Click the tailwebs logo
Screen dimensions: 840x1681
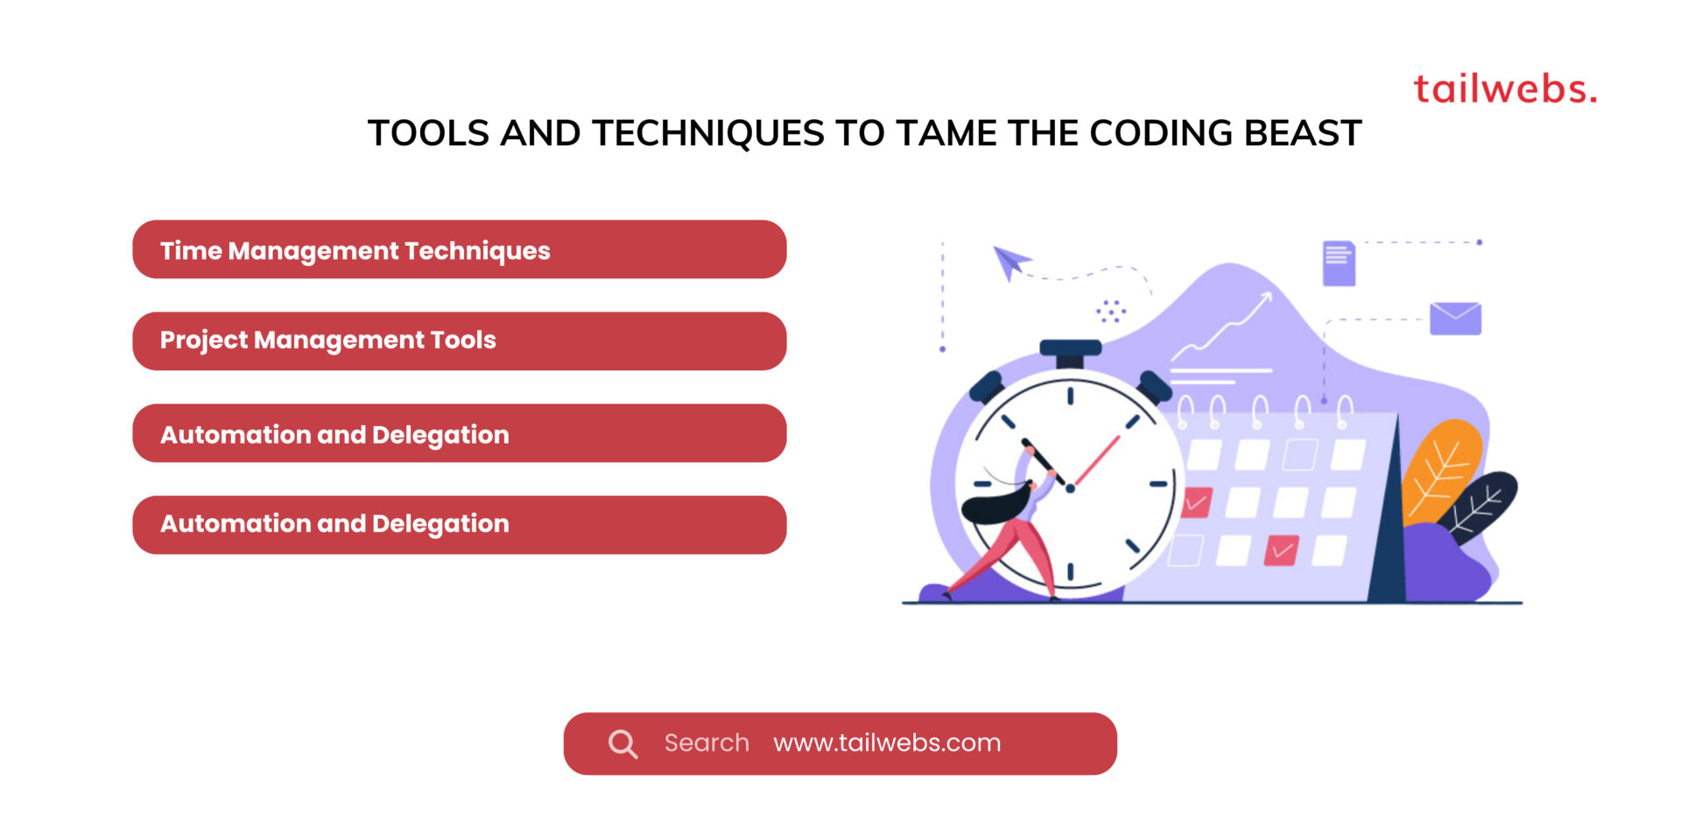click(1504, 89)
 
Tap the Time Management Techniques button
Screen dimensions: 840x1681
click(459, 250)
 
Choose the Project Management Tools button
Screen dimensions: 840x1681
click(459, 341)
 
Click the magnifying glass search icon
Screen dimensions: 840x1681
click(622, 744)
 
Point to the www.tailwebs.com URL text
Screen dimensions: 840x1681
click(886, 743)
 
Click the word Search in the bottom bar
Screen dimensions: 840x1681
click(707, 743)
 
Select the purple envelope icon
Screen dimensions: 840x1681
click(1455, 318)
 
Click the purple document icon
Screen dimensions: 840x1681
click(1339, 263)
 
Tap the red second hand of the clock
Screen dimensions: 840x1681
click(1098, 459)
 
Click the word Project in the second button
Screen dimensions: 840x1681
click(203, 340)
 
